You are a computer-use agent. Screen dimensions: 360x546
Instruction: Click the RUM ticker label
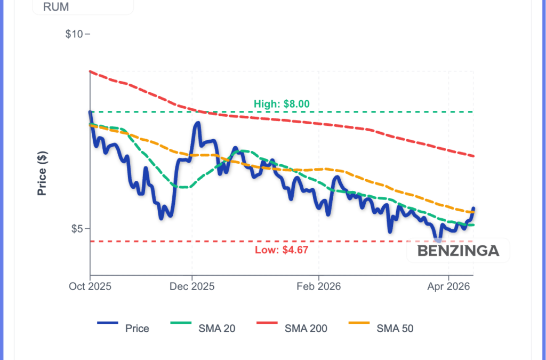55,7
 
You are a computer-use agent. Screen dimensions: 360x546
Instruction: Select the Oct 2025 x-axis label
90,286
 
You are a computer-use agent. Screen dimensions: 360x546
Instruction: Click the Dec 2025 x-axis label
192,286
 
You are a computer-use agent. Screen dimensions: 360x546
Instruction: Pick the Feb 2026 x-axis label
318,286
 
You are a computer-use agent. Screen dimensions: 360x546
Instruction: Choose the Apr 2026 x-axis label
448,286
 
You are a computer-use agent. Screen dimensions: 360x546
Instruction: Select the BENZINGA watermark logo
458,251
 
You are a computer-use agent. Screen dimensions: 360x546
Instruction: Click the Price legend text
137,329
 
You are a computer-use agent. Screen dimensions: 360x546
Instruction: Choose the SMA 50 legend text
395,329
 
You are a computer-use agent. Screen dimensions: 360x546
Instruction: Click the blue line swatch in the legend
108,323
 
